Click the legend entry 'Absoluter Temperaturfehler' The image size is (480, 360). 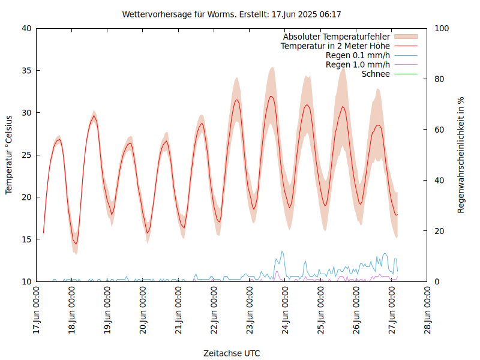coord(337,37)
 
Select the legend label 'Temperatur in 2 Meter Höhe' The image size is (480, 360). coord(335,46)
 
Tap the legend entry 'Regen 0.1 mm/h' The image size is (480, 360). coord(358,55)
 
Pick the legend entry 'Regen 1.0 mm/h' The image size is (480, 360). coord(358,65)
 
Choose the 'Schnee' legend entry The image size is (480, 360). coord(376,74)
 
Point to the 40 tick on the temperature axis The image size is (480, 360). coord(26,28)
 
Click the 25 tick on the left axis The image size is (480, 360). coord(26,155)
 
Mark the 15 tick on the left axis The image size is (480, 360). coord(26,239)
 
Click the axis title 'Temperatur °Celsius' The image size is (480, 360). coord(9,155)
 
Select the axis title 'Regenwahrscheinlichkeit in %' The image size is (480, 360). coord(461,155)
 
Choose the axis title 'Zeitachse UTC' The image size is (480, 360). coord(232,353)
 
